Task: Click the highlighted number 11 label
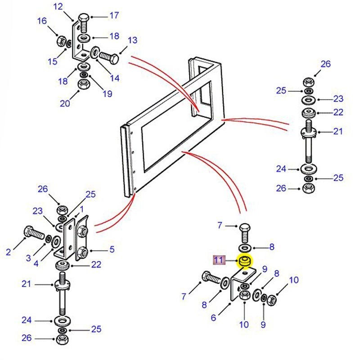(x=218, y=260)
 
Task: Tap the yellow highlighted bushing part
(x=245, y=261)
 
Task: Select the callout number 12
(x=58, y=6)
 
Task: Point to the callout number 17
(x=114, y=15)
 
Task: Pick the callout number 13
(x=132, y=40)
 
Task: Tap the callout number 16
(x=42, y=21)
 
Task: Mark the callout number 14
(x=115, y=78)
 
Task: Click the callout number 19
(x=108, y=94)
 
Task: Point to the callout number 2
(x=8, y=252)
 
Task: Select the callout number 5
(x=112, y=249)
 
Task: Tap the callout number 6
(x=213, y=317)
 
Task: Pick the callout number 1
(x=82, y=209)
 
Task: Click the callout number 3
(x=28, y=258)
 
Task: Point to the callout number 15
(x=53, y=61)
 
